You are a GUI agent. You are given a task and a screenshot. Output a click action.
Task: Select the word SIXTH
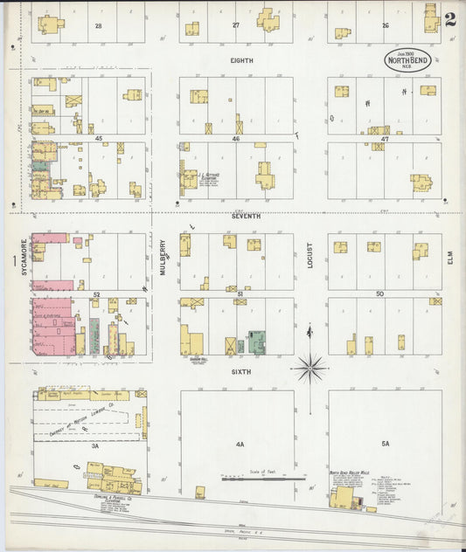(241, 371)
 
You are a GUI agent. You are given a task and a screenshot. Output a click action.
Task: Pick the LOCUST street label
(310, 254)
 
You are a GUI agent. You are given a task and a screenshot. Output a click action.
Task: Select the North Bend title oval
(407, 59)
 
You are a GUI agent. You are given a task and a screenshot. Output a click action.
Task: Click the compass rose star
(310, 368)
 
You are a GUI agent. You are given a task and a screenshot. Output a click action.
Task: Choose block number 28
(99, 26)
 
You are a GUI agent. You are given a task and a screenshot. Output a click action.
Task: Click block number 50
(379, 294)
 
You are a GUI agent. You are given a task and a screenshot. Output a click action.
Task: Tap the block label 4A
(240, 444)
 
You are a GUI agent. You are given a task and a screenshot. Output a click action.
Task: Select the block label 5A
(386, 443)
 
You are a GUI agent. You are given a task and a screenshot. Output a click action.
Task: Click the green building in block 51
(257, 342)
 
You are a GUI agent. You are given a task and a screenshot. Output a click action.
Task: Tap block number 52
(97, 295)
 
